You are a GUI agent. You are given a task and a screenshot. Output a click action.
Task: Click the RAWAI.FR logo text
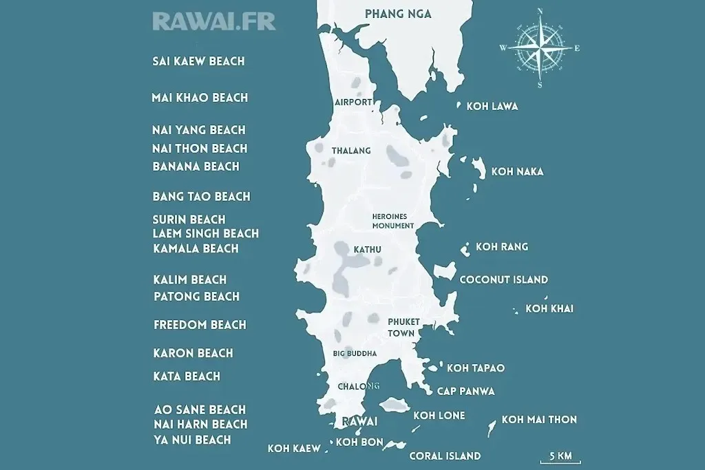[213, 21]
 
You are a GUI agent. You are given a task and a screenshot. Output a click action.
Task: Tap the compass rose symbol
[540, 48]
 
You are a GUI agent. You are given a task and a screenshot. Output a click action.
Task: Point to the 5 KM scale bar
[560, 457]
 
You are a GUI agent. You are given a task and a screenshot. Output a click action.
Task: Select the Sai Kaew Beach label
[198, 61]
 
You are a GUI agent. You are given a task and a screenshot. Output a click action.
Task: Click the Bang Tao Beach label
[201, 197]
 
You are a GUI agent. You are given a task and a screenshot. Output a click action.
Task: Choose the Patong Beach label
[196, 297]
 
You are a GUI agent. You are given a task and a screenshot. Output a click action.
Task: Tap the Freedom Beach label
[200, 325]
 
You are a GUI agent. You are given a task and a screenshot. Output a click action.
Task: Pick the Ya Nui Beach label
[192, 440]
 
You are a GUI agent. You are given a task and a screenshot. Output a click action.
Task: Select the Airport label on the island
[353, 103]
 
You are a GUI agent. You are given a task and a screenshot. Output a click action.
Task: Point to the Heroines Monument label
[392, 220]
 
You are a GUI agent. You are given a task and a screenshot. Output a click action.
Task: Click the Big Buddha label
[355, 354]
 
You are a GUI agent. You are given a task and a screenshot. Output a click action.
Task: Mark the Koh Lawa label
[492, 107]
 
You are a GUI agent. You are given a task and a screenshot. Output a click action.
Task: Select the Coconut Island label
[503, 279]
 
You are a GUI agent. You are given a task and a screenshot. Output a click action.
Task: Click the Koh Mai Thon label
[539, 420]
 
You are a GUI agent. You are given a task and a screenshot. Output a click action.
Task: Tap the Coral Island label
[445, 456]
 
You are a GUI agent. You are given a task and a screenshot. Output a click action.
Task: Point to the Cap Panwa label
[465, 392]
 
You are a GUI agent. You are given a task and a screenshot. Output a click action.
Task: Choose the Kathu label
[367, 249]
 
